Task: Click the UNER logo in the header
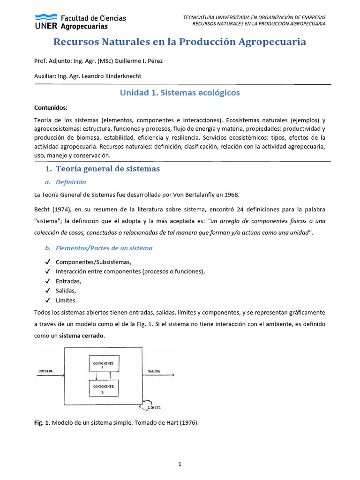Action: (x=80, y=22)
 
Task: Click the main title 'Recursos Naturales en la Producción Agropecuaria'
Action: (x=180, y=42)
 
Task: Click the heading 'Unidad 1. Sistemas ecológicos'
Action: (x=180, y=92)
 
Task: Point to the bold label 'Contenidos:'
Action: (x=51, y=107)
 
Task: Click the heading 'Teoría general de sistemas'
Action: (x=108, y=169)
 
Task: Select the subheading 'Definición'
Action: (x=71, y=182)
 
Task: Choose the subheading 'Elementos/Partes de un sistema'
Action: (x=104, y=248)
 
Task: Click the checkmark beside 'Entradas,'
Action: (x=47, y=281)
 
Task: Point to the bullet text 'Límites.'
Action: (x=66, y=300)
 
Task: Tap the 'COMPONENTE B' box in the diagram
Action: (x=104, y=388)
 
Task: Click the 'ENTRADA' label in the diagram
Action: (x=45, y=371)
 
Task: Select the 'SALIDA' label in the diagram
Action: (x=153, y=371)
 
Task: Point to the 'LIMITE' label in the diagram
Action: (x=154, y=408)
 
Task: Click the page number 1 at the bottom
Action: (x=180, y=464)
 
